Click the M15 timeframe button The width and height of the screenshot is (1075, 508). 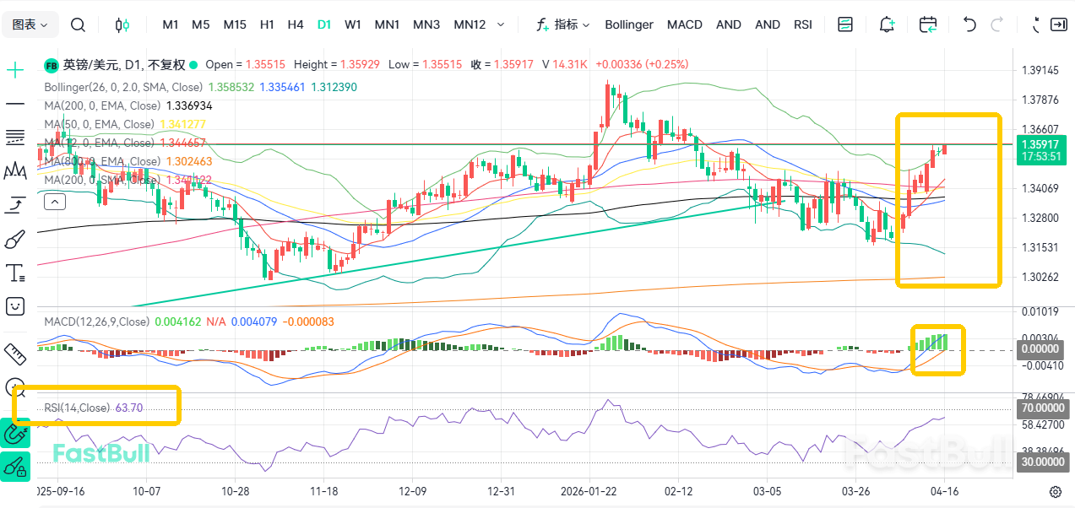click(x=235, y=24)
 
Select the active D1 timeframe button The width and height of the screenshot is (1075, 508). click(x=324, y=24)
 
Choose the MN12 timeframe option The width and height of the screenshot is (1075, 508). click(x=470, y=24)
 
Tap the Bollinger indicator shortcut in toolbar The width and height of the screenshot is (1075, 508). click(x=628, y=24)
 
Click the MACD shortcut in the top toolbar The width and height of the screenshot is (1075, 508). click(x=684, y=24)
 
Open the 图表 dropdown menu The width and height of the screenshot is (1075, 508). click(x=30, y=24)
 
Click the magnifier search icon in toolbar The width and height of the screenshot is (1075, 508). click(x=78, y=24)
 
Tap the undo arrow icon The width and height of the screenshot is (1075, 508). click(x=969, y=24)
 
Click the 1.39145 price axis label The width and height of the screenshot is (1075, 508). click(x=1040, y=70)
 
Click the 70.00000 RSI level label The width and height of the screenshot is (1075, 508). click(x=1040, y=408)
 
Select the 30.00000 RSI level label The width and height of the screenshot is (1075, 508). click(x=1040, y=462)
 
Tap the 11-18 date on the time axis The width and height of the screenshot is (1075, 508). click(x=323, y=491)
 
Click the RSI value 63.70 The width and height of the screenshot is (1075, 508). click(x=129, y=408)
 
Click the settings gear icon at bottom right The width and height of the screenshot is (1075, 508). click(x=1055, y=491)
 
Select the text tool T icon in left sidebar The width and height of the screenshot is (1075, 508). click(x=15, y=273)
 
